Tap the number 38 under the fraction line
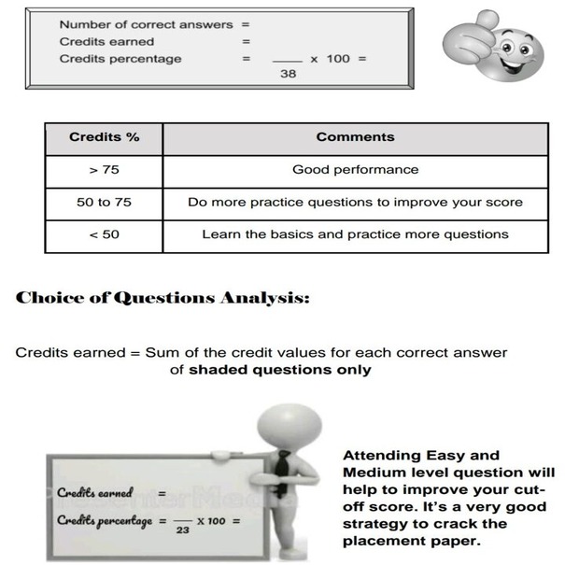[x=288, y=74]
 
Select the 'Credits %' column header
[x=104, y=137]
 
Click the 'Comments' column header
[x=355, y=137]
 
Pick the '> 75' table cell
[x=104, y=170]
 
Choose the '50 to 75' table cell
[x=104, y=202]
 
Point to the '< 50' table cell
[x=104, y=234]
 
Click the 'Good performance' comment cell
[x=355, y=170]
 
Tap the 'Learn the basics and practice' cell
[x=355, y=234]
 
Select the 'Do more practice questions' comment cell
[x=355, y=202]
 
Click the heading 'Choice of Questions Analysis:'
[x=162, y=299]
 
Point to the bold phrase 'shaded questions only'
[x=279, y=370]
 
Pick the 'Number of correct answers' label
[x=146, y=24]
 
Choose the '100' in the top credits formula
[x=338, y=59]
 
